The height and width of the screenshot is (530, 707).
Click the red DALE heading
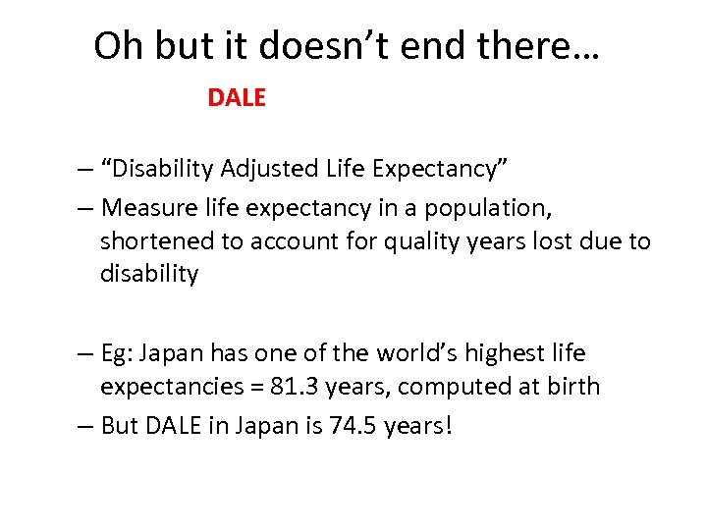(x=237, y=98)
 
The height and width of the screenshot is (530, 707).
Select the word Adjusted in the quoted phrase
(x=265, y=169)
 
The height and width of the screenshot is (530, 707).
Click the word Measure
(x=141, y=208)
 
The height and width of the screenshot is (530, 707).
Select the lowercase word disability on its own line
(x=148, y=274)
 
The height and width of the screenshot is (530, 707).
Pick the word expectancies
(x=165, y=386)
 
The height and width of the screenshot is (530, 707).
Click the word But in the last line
(x=120, y=428)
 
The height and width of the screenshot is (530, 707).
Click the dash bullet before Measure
(x=86, y=208)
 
